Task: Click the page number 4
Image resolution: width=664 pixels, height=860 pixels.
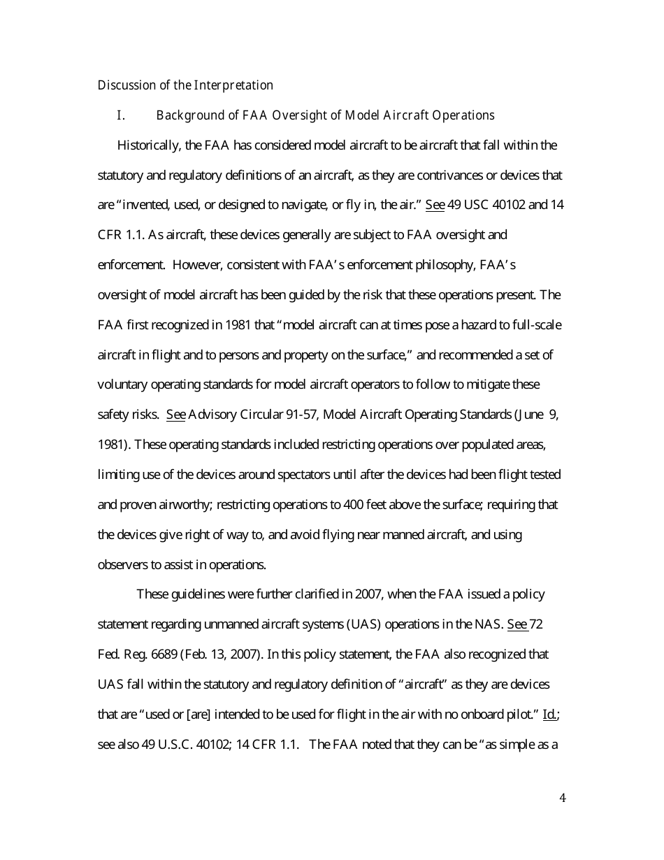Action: coord(563,798)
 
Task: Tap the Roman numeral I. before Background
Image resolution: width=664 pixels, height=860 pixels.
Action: coord(120,115)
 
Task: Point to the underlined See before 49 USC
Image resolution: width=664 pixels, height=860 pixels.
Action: coord(434,206)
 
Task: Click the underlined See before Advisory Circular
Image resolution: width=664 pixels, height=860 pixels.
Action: coord(175,415)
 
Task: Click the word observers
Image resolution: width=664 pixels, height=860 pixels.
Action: coord(122,565)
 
